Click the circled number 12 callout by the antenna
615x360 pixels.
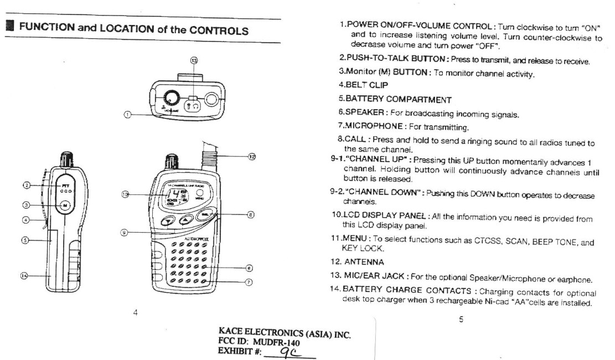[x=252, y=157]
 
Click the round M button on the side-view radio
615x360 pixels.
[x=65, y=204]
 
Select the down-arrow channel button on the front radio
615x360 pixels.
[x=167, y=221]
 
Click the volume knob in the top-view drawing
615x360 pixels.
[x=172, y=98]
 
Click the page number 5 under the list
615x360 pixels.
[x=461, y=320]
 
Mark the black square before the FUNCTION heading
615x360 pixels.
[x=9, y=27]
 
